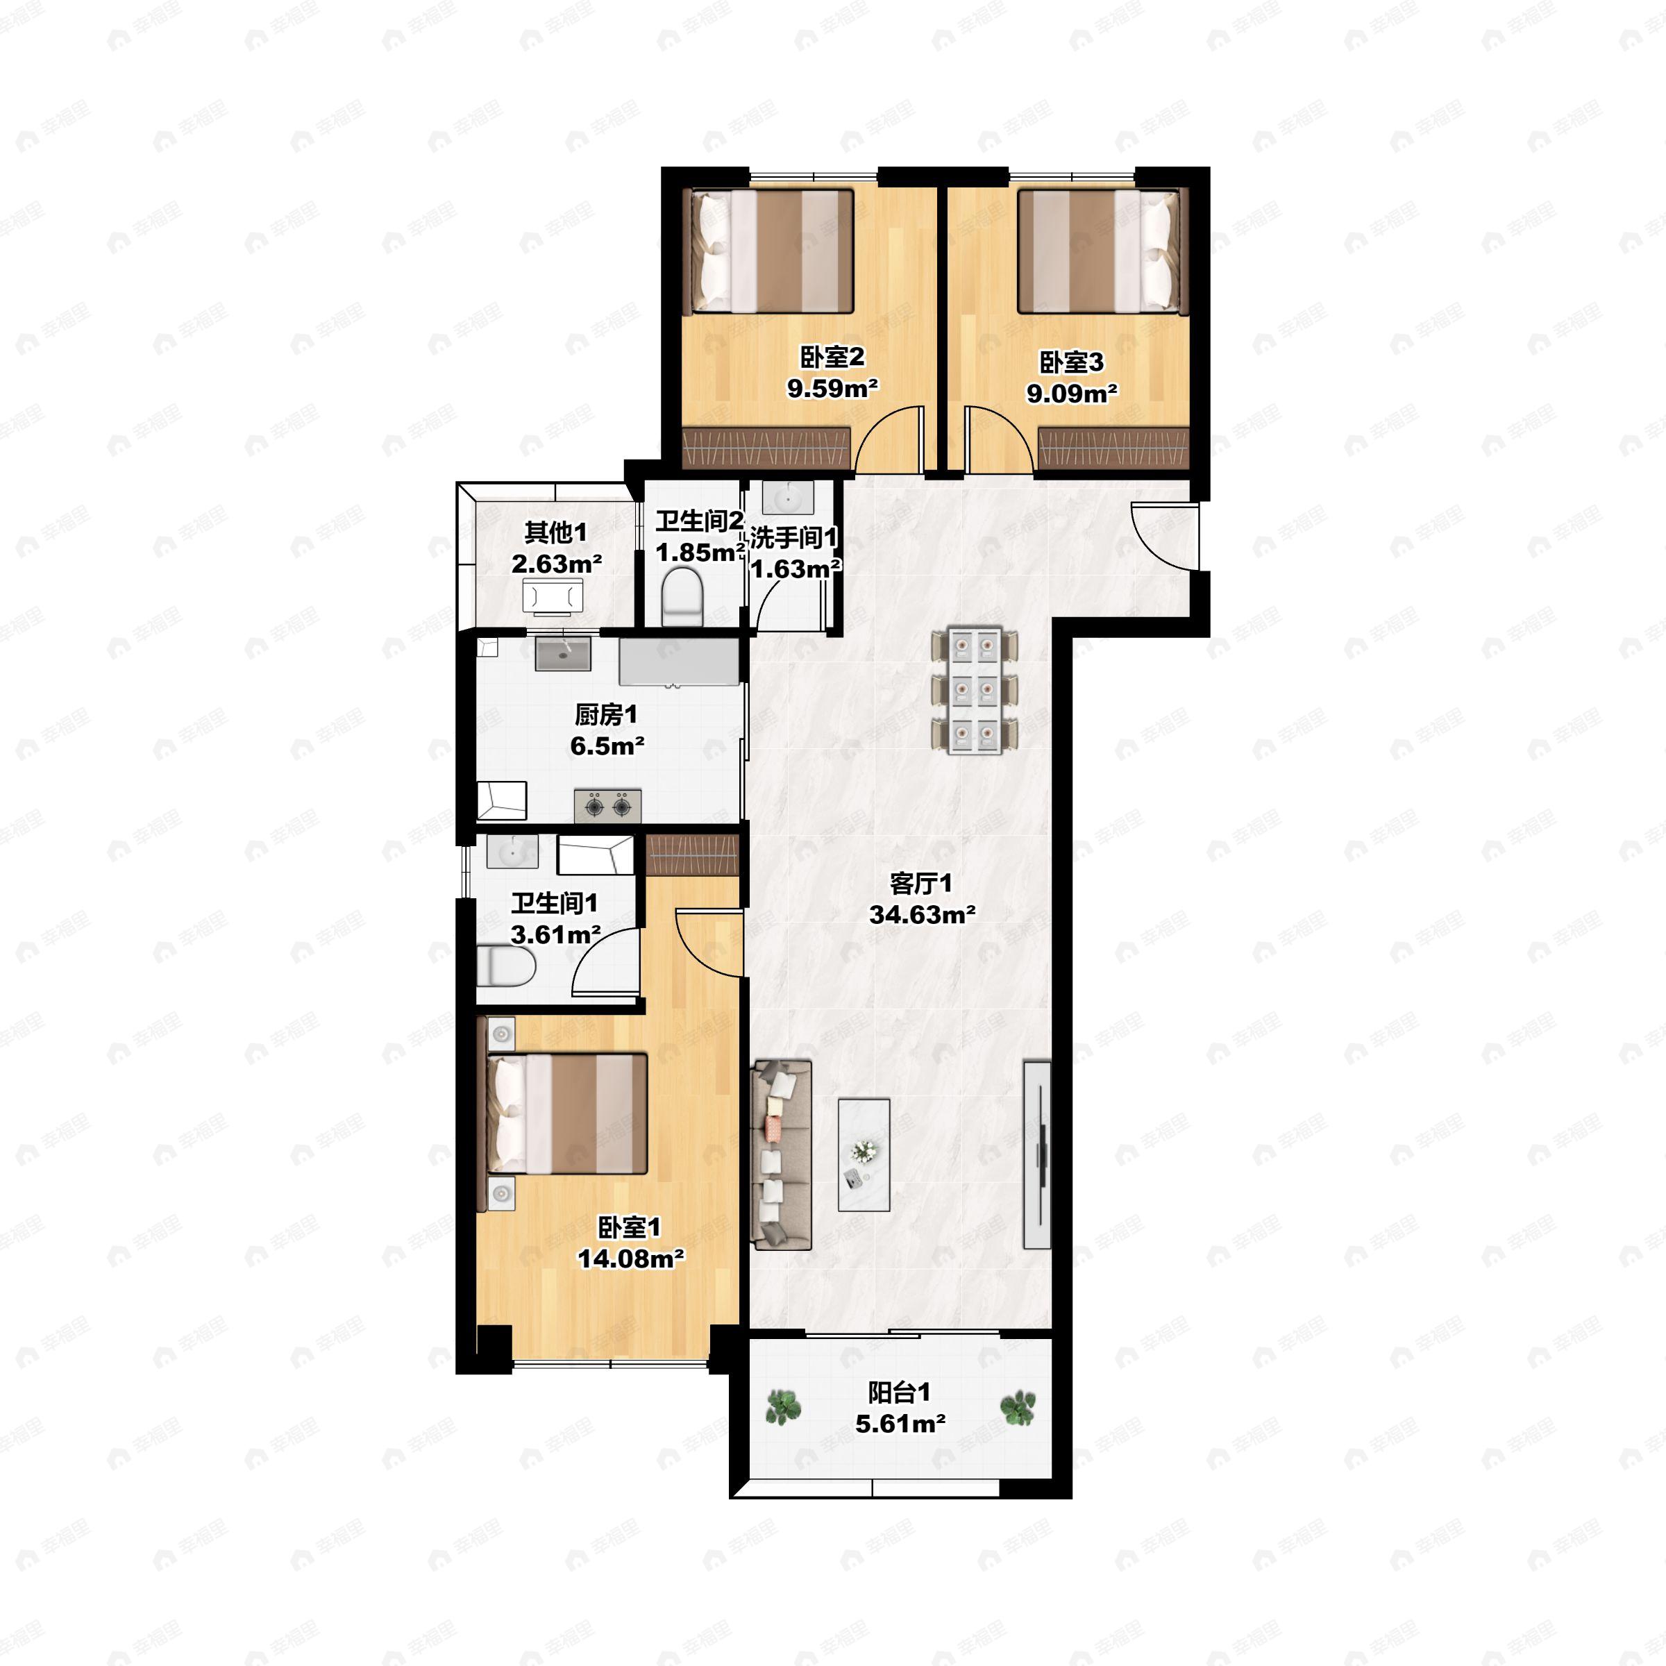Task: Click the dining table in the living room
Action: click(x=975, y=690)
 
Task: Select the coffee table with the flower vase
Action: click(x=864, y=1154)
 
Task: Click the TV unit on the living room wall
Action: click(x=1036, y=1154)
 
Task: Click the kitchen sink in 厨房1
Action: click(x=563, y=655)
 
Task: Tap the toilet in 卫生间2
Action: click(x=683, y=596)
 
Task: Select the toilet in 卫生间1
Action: click(x=506, y=967)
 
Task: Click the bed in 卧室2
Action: click(x=769, y=251)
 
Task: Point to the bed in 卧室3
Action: click(x=1103, y=251)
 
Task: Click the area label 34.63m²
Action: click(x=922, y=914)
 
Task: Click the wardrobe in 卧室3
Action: click(x=1113, y=448)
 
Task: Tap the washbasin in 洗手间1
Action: click(x=787, y=498)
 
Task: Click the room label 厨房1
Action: click(x=606, y=714)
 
